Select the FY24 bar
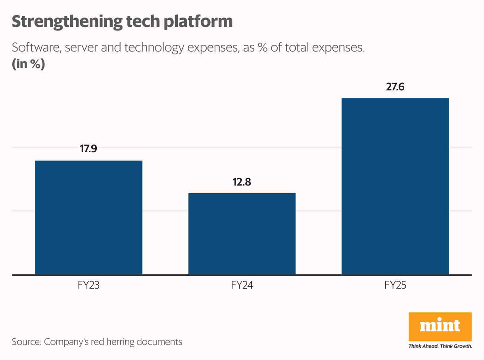click(x=242, y=234)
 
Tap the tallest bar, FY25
click(x=395, y=186)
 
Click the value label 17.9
click(x=88, y=149)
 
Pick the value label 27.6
click(x=395, y=87)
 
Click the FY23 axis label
click(x=88, y=285)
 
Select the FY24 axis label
click(x=242, y=285)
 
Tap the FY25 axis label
click(x=395, y=285)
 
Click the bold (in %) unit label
click(x=28, y=64)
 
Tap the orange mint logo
click(x=440, y=326)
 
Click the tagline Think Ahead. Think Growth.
click(x=440, y=346)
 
